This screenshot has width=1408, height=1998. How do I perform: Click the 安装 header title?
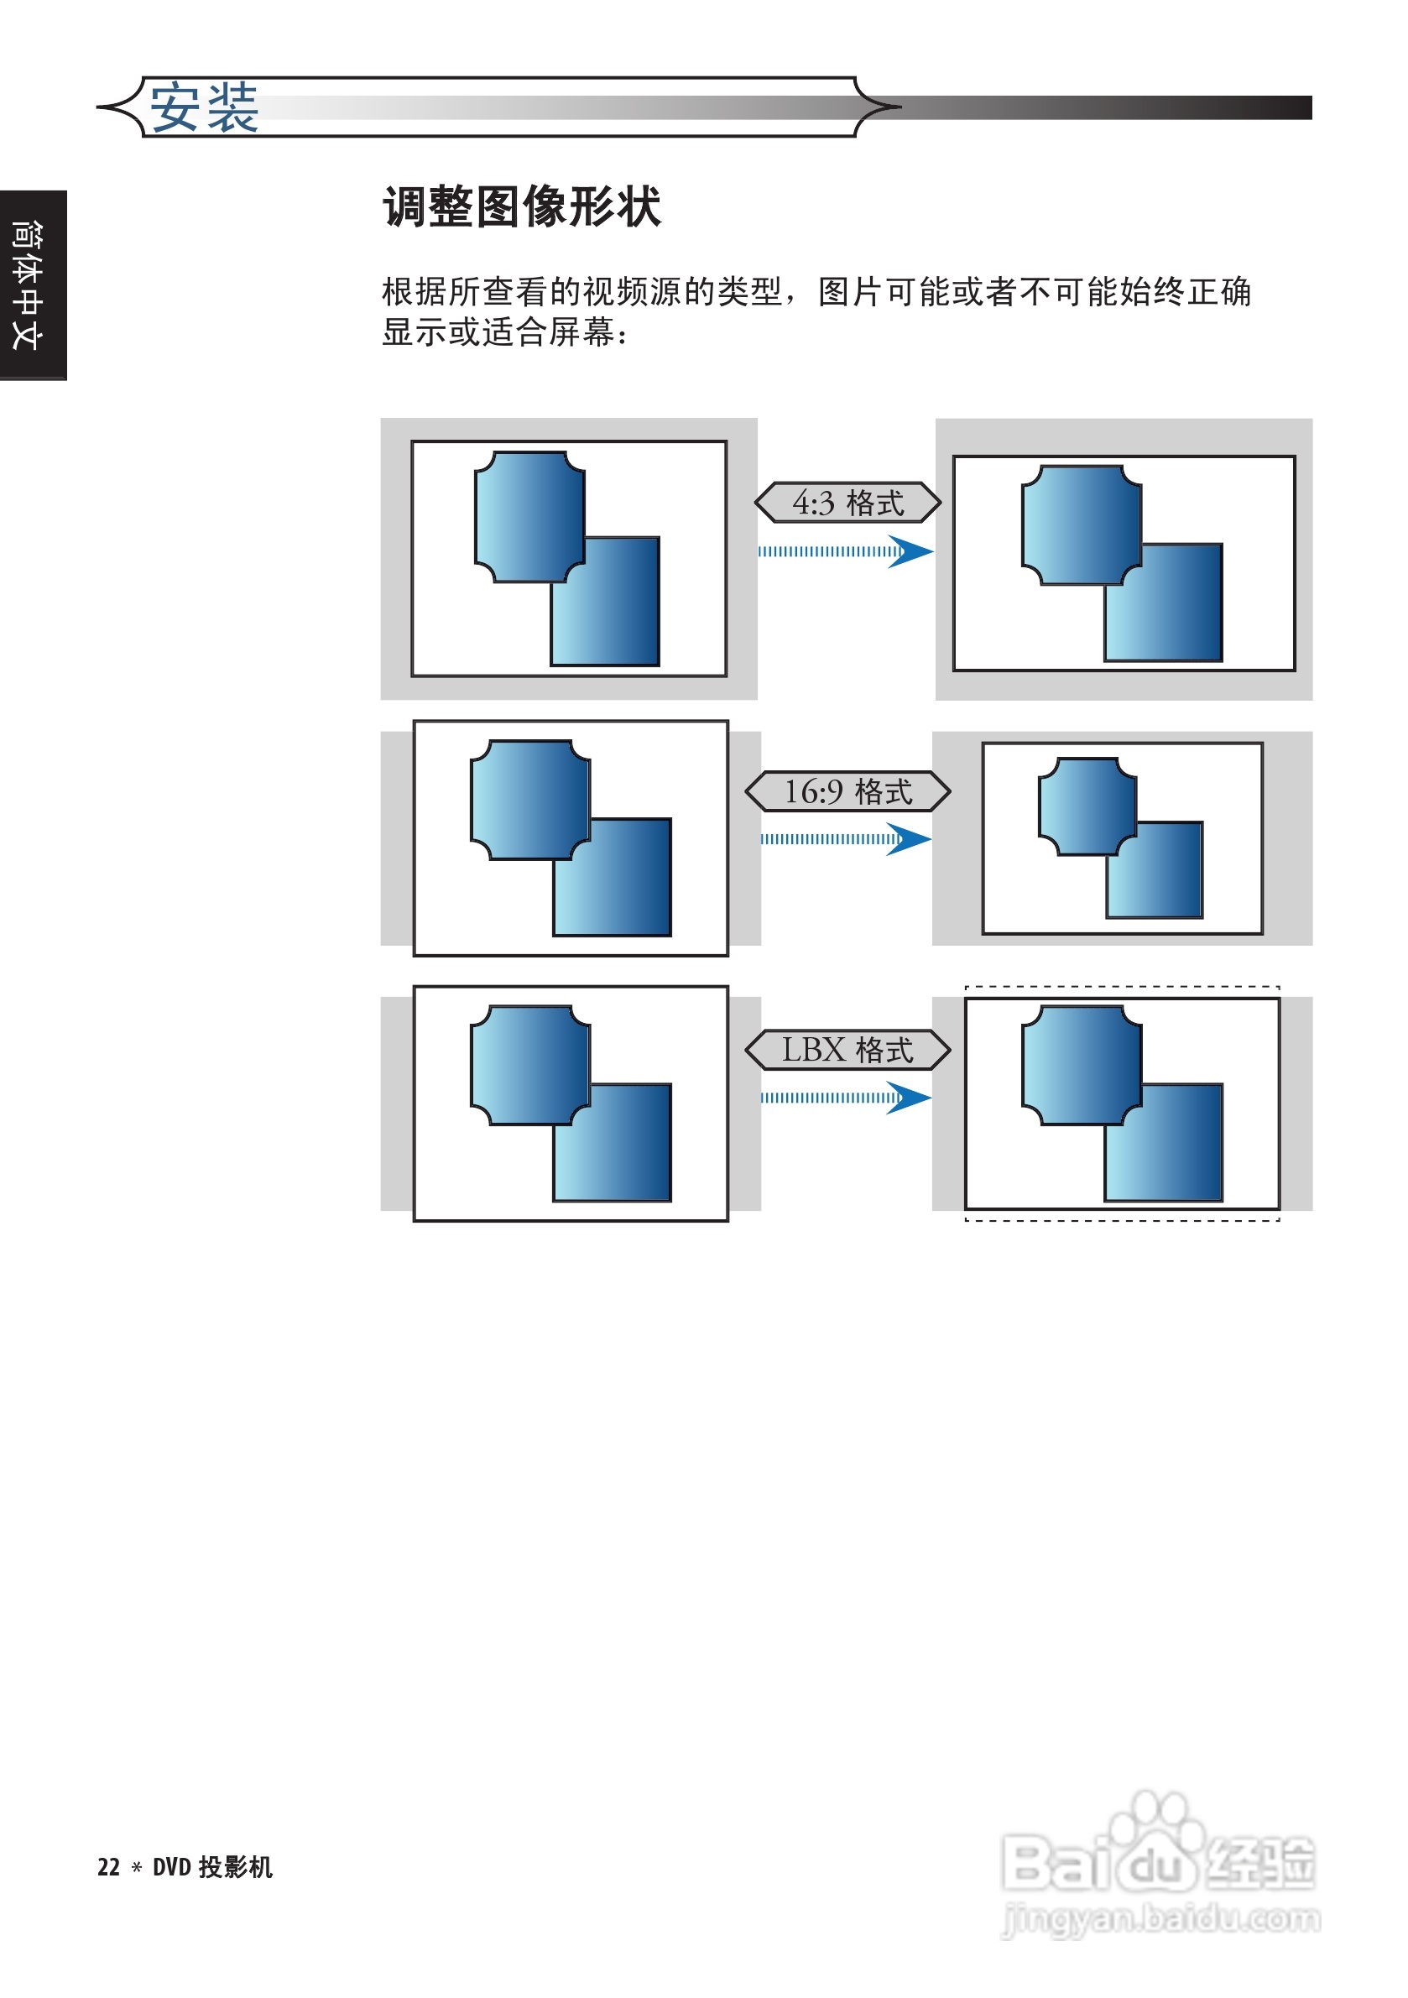[x=204, y=108]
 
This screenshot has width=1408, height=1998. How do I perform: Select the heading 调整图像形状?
[x=521, y=207]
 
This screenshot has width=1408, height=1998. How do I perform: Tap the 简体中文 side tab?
[x=28, y=284]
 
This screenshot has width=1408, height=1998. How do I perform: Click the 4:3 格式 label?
[x=847, y=503]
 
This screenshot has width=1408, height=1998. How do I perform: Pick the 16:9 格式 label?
[x=847, y=791]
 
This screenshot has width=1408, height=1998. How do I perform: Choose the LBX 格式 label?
[x=847, y=1050]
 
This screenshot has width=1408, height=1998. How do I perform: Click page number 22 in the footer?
[x=108, y=1867]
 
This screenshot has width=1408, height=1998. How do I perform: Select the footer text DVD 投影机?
[x=212, y=1867]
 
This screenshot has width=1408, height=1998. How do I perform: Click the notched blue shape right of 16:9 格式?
[x=1086, y=805]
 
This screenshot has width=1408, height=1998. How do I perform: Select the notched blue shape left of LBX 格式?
[x=529, y=1064]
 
